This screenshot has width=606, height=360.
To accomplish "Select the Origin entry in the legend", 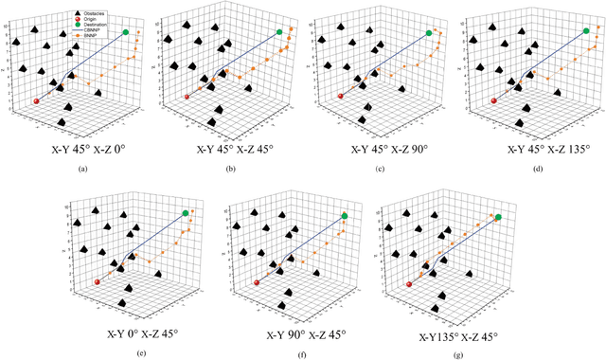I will point(90,17).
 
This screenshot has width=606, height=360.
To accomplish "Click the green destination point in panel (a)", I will point(126,31).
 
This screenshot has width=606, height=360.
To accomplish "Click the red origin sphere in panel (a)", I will point(36,99).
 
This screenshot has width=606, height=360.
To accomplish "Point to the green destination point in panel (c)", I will point(429,33).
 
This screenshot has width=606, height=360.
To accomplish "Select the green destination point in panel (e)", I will point(186,213).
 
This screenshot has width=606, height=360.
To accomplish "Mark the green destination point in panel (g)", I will point(498,218).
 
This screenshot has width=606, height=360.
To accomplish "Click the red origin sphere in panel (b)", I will point(187,97).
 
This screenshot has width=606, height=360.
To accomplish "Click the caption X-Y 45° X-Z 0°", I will point(80,147).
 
